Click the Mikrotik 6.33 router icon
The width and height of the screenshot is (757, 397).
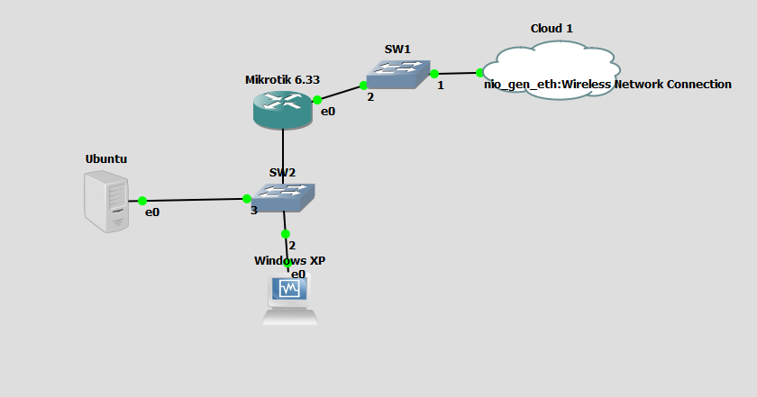(283, 110)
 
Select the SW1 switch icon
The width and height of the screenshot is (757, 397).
(398, 74)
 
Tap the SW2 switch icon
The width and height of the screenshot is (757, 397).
(283, 196)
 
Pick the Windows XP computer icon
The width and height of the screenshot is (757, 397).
(289, 301)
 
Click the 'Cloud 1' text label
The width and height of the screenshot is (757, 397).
(552, 29)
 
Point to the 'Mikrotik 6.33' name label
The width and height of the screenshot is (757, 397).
(282, 80)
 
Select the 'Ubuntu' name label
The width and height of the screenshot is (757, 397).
(106, 159)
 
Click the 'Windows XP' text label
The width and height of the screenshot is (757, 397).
(289, 261)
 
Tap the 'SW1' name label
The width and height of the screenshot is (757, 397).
(397, 48)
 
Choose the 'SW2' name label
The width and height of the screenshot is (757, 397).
(282, 172)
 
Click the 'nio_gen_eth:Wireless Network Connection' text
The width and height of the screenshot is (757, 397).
(607, 85)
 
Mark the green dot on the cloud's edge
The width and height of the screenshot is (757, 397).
(480, 73)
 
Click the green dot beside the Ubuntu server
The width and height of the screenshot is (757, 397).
(142, 201)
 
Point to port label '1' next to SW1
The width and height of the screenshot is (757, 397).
(441, 86)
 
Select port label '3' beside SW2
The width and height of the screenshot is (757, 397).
(254, 211)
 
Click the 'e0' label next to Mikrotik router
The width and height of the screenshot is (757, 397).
(328, 112)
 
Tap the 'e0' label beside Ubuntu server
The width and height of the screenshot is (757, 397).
(152, 212)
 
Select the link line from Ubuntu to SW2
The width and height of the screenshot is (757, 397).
(194, 200)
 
